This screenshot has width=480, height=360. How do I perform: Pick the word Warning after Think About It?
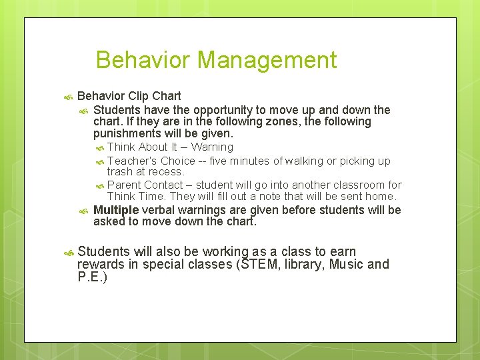(212, 147)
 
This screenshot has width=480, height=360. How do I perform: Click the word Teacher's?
(132, 161)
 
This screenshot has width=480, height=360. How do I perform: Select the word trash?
(119, 172)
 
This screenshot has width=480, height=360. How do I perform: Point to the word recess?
(167, 172)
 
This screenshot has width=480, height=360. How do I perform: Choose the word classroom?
(361, 185)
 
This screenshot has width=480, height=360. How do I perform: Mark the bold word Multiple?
(116, 211)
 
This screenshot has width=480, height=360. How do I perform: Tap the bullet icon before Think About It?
(99, 148)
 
